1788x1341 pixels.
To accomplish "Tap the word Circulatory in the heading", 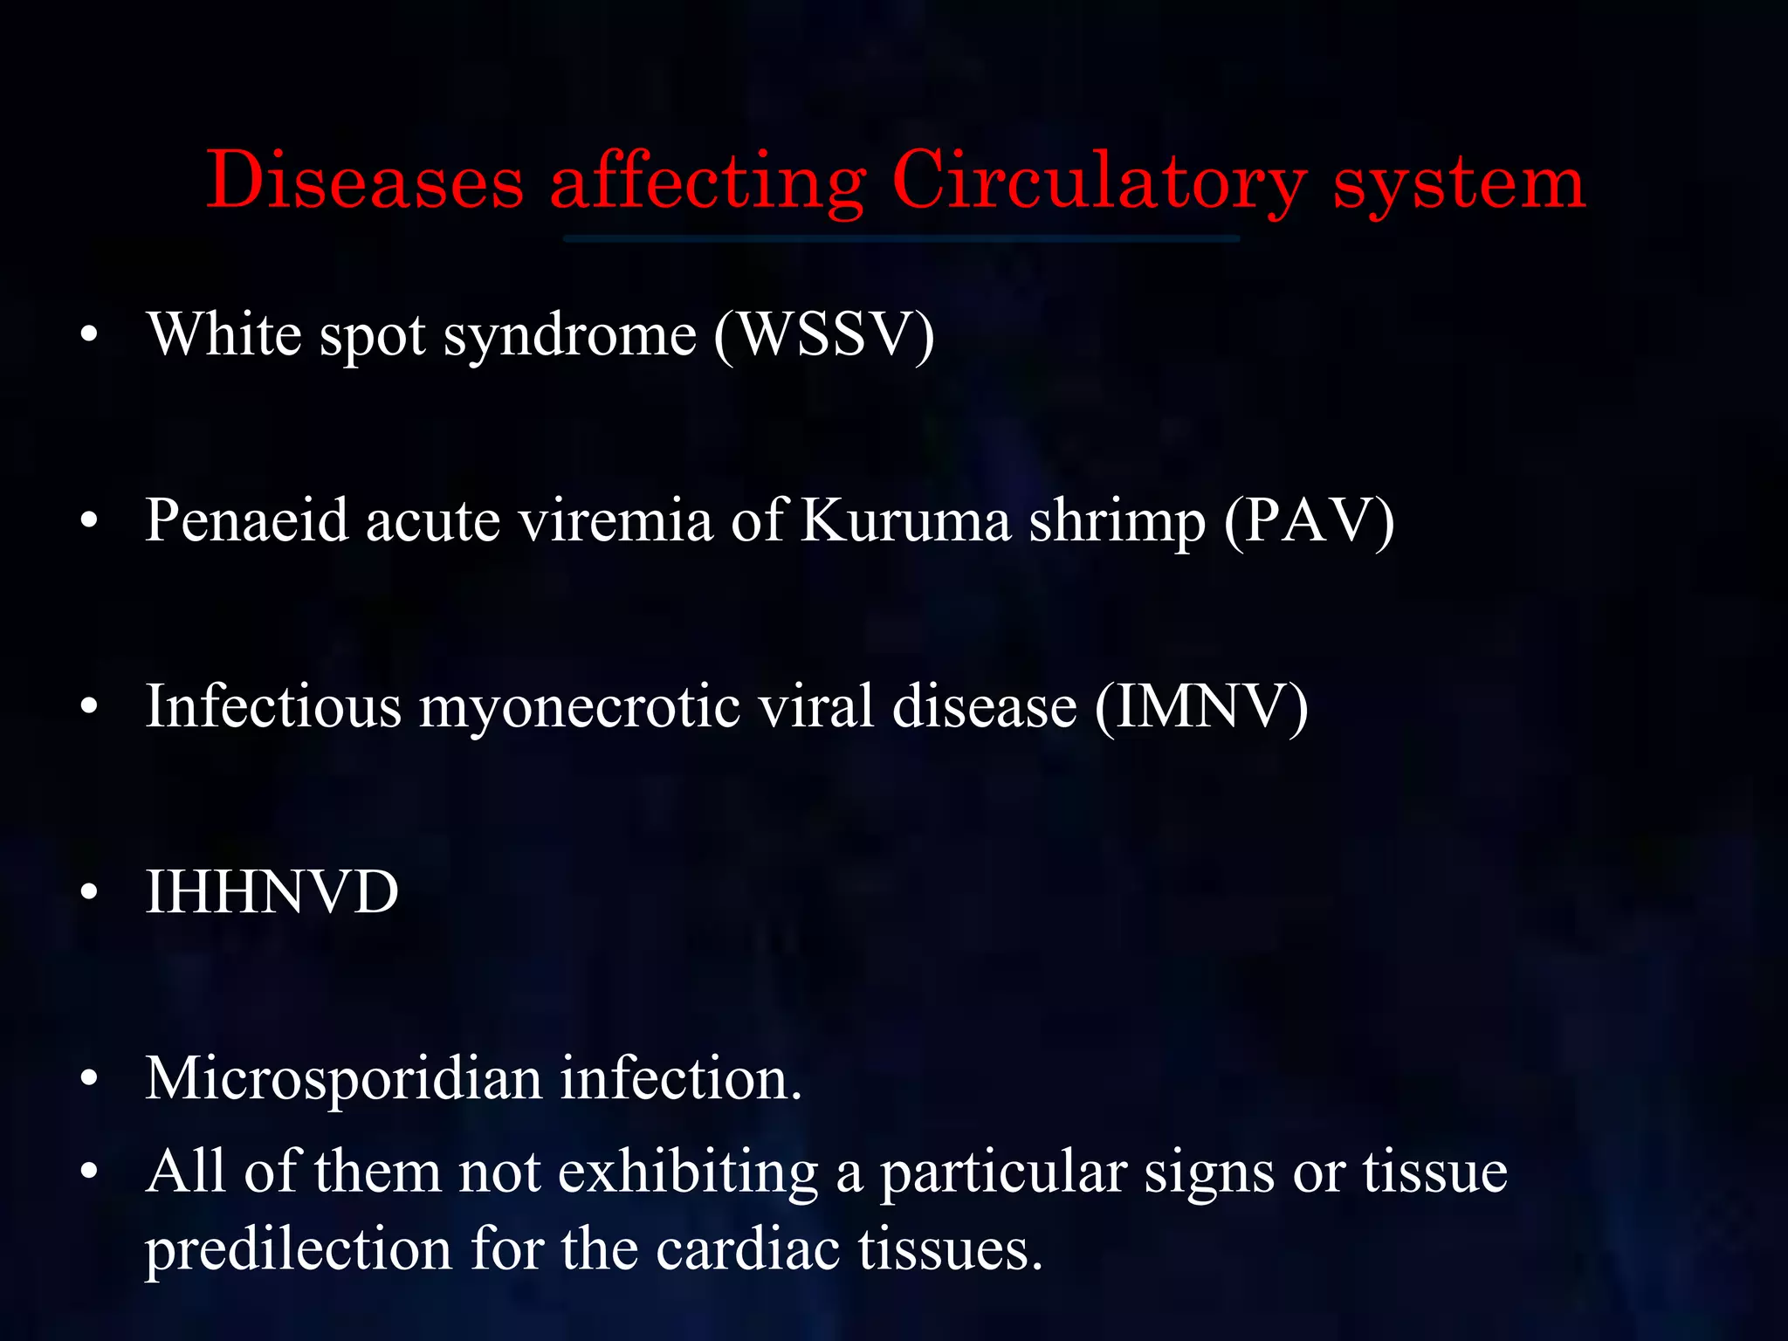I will click(1098, 181).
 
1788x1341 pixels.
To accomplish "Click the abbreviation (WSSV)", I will click(824, 334).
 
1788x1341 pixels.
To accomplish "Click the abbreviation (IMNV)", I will click(1200, 705).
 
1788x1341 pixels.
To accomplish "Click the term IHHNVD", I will click(272, 891).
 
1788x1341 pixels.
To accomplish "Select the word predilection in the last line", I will click(298, 1248).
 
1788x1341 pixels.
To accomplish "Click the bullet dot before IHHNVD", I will click(89, 892).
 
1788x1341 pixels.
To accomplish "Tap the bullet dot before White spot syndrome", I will click(89, 334).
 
